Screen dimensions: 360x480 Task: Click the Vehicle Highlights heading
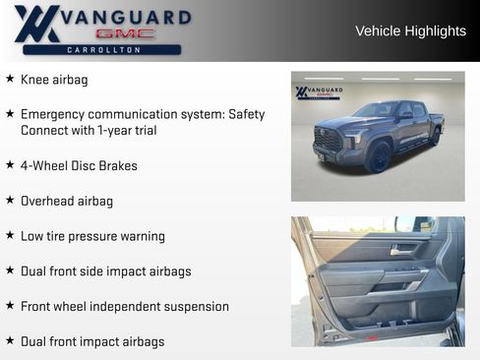tap(410, 30)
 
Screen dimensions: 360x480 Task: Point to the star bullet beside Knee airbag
tap(10, 79)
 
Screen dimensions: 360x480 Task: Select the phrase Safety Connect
tap(241, 114)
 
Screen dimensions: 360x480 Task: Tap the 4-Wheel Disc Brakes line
tap(79, 166)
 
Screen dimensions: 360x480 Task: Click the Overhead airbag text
tap(67, 201)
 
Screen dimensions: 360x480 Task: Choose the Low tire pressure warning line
tap(92, 236)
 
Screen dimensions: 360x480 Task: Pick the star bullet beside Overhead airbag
tap(10, 201)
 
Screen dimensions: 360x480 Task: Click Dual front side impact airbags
tap(105, 271)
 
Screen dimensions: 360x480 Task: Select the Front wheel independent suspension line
tap(124, 307)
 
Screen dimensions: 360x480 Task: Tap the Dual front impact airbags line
tap(92, 341)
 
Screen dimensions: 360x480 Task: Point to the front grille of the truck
tap(329, 140)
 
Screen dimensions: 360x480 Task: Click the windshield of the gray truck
tap(376, 110)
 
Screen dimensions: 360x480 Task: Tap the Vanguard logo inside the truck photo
tap(319, 93)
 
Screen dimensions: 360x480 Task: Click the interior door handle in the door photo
tap(398, 250)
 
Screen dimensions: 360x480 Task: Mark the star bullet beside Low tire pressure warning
tap(10, 236)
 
